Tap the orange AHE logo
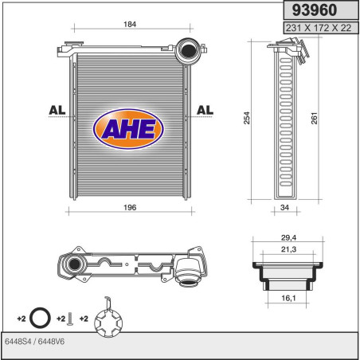pyautogui.click(x=129, y=127)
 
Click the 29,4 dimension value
pyautogui.click(x=288, y=237)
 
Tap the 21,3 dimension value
pyautogui.click(x=288, y=250)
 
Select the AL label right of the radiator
pyautogui.click(x=205, y=110)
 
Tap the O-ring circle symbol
pyautogui.click(x=38, y=318)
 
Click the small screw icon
pyautogui.click(x=70, y=319)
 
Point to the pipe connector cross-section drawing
pyautogui.click(x=288, y=275)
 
